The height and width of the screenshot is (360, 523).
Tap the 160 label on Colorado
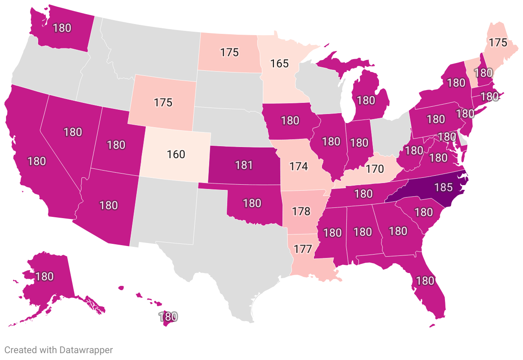pyautogui.click(x=176, y=154)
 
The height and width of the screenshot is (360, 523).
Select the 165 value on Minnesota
pyautogui.click(x=279, y=64)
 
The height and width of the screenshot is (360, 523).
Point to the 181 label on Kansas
pyautogui.click(x=244, y=165)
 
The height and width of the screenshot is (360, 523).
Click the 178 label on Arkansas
pyautogui.click(x=301, y=211)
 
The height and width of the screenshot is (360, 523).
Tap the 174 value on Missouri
pyautogui.click(x=299, y=166)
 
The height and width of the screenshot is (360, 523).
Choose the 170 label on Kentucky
pyautogui.click(x=375, y=168)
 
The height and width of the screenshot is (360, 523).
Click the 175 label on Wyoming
pyautogui.click(x=163, y=103)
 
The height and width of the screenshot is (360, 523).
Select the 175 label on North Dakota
pyautogui.click(x=229, y=52)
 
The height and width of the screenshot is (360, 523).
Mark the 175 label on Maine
pyautogui.click(x=498, y=43)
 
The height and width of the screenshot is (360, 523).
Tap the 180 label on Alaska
pyautogui.click(x=45, y=276)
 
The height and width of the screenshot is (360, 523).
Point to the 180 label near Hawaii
pyautogui.click(x=168, y=317)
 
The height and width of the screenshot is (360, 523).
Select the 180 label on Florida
pyautogui.click(x=425, y=281)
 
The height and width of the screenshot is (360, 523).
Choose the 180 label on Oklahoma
pyautogui.click(x=252, y=203)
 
